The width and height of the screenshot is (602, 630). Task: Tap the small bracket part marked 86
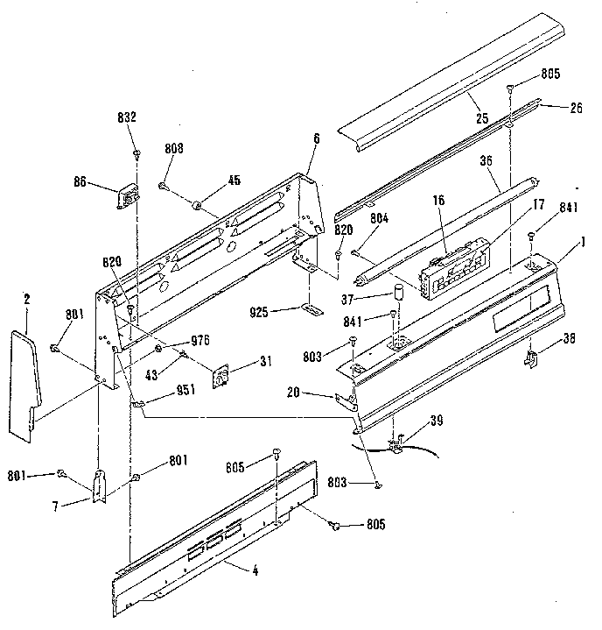tap(127, 195)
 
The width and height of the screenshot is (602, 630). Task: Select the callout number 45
tap(209, 181)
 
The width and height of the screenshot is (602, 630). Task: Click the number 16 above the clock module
tap(438, 201)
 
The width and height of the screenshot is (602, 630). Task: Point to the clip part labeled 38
tap(530, 356)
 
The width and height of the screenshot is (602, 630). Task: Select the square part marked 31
tap(224, 374)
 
